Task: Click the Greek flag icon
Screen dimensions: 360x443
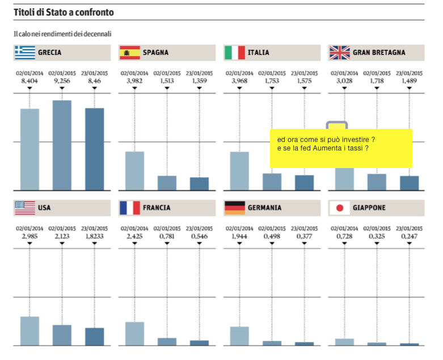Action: pyautogui.click(x=24, y=53)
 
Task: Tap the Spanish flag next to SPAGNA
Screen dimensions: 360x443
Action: pyautogui.click(x=129, y=53)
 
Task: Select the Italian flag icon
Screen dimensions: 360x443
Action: pyautogui.click(x=235, y=53)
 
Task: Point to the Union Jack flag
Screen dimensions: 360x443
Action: pyautogui.click(x=339, y=53)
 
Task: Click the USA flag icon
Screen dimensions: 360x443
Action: pyautogui.click(x=24, y=208)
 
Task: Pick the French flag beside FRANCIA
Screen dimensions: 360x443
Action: pyautogui.click(x=129, y=208)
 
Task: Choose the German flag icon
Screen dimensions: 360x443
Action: pyautogui.click(x=235, y=208)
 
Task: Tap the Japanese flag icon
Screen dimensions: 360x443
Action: pyautogui.click(x=339, y=208)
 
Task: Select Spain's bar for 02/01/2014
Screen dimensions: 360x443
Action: pyautogui.click(x=134, y=170)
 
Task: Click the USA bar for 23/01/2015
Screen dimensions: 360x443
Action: pyautogui.click(x=95, y=336)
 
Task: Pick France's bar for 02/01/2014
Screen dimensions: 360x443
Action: pyautogui.click(x=134, y=333)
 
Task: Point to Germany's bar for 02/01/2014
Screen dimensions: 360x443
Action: pyautogui.click(x=239, y=336)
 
